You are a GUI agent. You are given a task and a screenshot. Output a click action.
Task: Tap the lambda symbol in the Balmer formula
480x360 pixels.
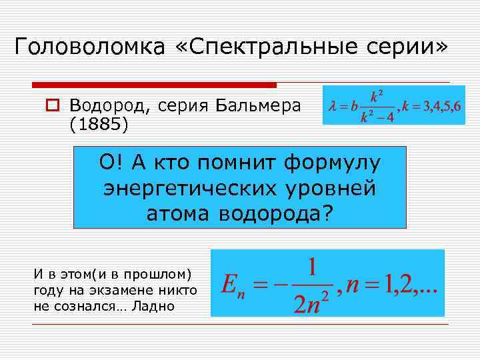tap(332, 106)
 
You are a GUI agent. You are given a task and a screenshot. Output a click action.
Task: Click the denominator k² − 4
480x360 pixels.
tap(377, 116)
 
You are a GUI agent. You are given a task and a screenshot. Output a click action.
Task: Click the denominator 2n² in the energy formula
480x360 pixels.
tap(311, 301)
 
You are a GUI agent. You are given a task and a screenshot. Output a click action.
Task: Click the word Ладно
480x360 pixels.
tap(153, 306)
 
